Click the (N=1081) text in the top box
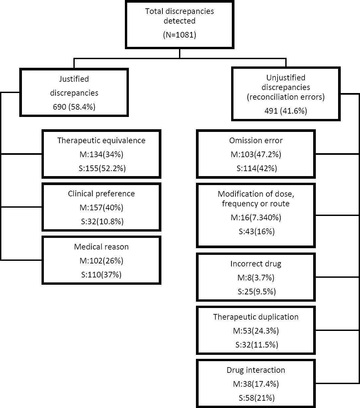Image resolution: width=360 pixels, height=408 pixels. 179,35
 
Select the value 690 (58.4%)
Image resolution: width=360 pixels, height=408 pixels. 74,107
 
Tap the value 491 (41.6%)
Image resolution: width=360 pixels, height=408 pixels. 286,111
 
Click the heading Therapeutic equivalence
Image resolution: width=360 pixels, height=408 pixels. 101,141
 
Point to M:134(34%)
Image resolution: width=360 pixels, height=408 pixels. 101,154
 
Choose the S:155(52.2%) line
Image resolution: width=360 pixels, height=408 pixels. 101,168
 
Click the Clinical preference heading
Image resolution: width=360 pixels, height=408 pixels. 101,194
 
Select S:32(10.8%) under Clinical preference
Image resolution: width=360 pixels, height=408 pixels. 101,222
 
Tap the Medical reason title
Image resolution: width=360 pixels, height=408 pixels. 101,247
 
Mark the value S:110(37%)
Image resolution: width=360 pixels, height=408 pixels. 101,275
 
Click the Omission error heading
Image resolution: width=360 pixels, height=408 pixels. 256,141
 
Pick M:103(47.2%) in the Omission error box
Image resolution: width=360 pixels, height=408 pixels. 256,154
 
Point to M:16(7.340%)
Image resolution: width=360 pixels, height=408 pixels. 256,218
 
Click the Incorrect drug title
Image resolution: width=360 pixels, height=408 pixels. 256,264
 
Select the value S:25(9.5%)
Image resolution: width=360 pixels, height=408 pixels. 256,292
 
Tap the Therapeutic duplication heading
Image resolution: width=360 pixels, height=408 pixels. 256,317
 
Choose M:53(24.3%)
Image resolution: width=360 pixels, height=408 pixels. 256,331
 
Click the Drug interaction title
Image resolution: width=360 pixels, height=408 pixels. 256,370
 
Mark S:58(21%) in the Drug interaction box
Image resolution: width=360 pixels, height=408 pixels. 256,398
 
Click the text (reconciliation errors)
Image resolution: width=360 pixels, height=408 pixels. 286,97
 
